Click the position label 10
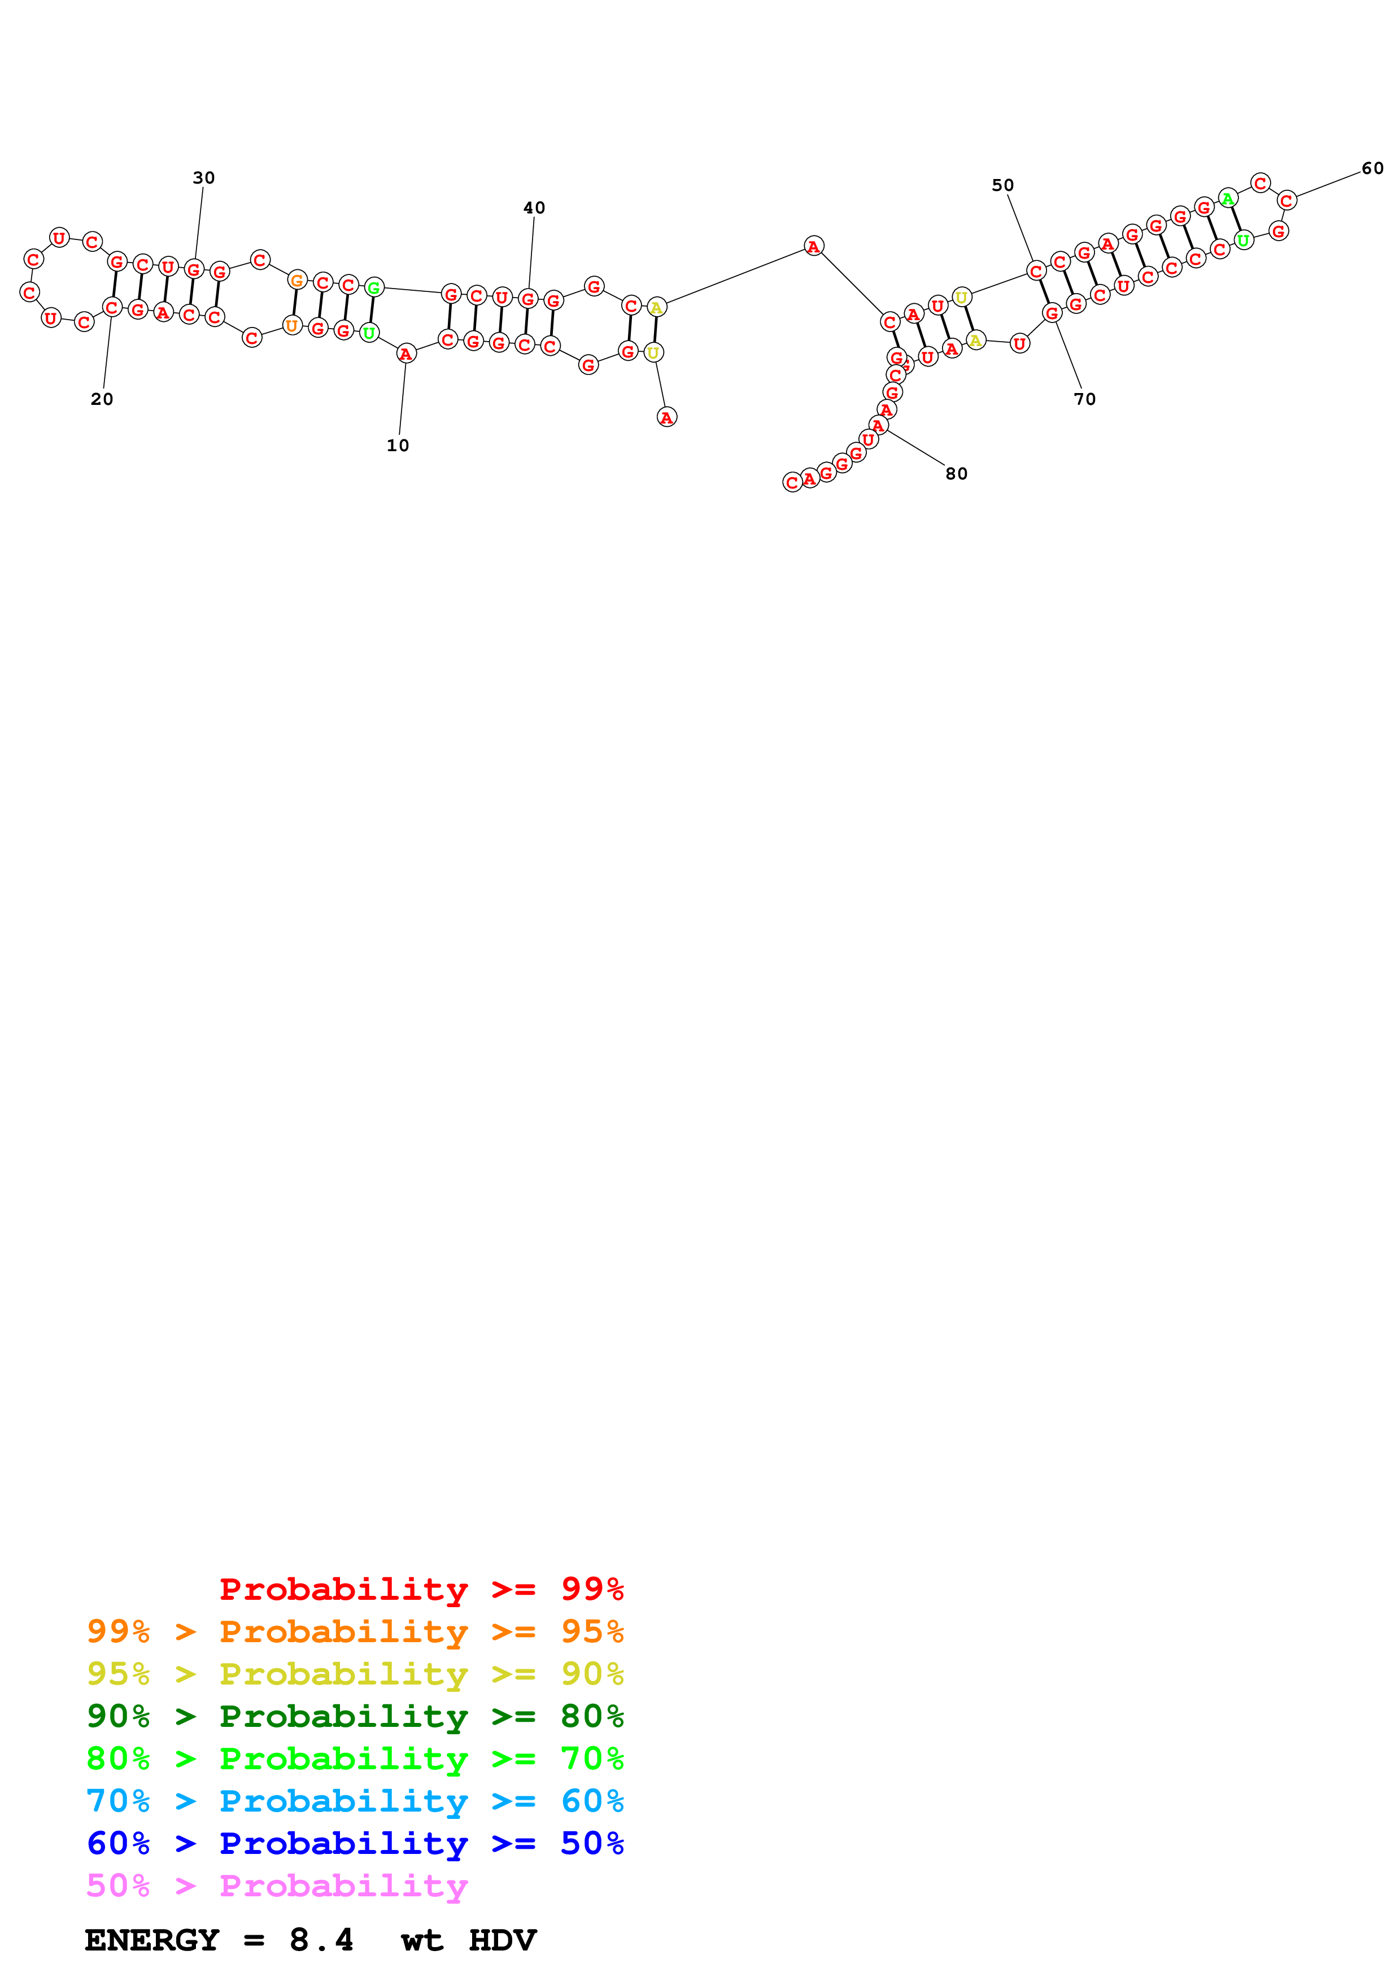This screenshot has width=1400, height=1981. click(398, 445)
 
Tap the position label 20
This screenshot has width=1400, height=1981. click(102, 399)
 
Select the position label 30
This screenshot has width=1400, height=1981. click(203, 178)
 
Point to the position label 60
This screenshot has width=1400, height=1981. click(1372, 168)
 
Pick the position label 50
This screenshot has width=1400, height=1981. click(1002, 185)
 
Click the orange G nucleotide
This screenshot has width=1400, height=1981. click(296, 280)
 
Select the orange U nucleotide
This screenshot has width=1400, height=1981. click(291, 326)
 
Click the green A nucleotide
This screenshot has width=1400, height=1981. click(1228, 198)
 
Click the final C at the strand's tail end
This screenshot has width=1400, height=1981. click(792, 482)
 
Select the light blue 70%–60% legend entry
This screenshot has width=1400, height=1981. click(355, 1801)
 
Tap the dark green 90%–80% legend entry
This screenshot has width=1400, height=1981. click(355, 1716)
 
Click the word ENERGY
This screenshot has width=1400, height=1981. click(152, 1940)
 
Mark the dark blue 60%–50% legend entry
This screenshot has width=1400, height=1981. click(355, 1843)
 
